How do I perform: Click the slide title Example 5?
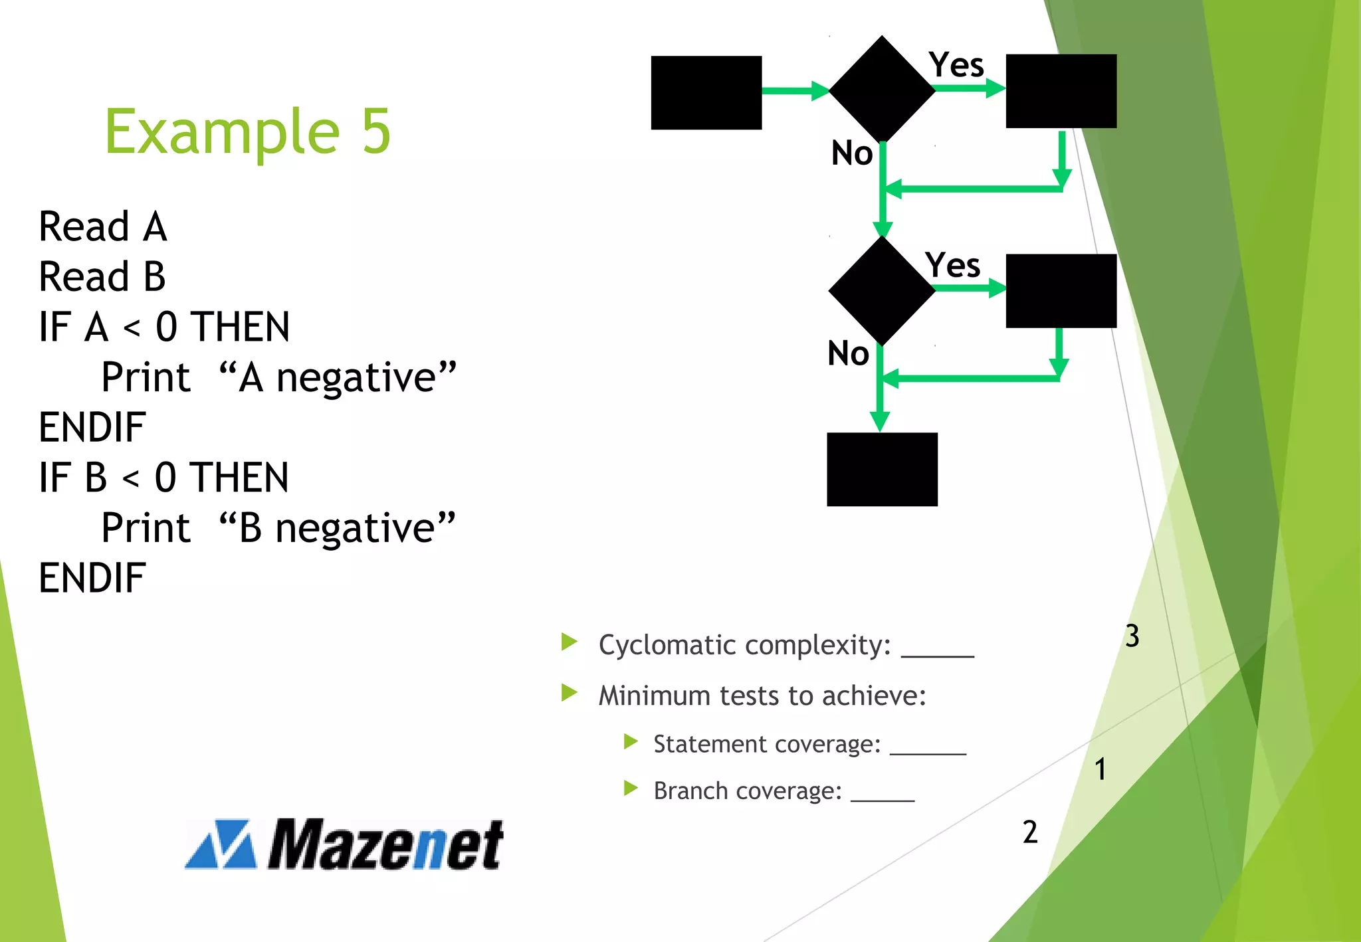coord(247,132)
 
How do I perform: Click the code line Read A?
coord(103,227)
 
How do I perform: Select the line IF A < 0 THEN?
coord(164,327)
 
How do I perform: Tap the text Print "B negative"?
coord(278,528)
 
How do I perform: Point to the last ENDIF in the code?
coord(92,577)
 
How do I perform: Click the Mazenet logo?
coord(344,844)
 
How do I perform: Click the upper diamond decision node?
coord(882,89)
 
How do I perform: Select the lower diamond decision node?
coord(882,290)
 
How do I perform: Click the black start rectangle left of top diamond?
coord(706,92)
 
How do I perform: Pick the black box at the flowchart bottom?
coord(882,469)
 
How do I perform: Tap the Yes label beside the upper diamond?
coord(956,65)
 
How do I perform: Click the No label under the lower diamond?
coord(848,353)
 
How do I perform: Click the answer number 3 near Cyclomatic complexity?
coord(1132,636)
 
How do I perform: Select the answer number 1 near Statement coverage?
coord(1100,769)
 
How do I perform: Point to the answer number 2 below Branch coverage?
coord(1030,832)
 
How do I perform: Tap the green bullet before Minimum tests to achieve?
coord(569,693)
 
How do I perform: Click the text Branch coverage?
coord(748,791)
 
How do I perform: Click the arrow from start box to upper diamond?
coord(795,90)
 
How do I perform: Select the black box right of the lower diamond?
coord(1061,290)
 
